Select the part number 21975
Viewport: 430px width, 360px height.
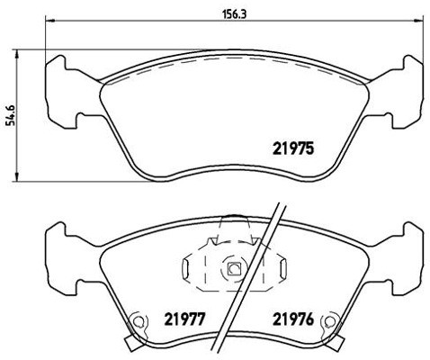coord(293,149)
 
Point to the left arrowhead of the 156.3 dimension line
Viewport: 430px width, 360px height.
coord(49,24)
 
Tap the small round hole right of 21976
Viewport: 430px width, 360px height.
coord(332,319)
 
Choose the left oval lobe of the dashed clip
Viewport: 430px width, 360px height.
coord(187,267)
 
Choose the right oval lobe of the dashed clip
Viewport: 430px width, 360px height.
coord(282,267)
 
